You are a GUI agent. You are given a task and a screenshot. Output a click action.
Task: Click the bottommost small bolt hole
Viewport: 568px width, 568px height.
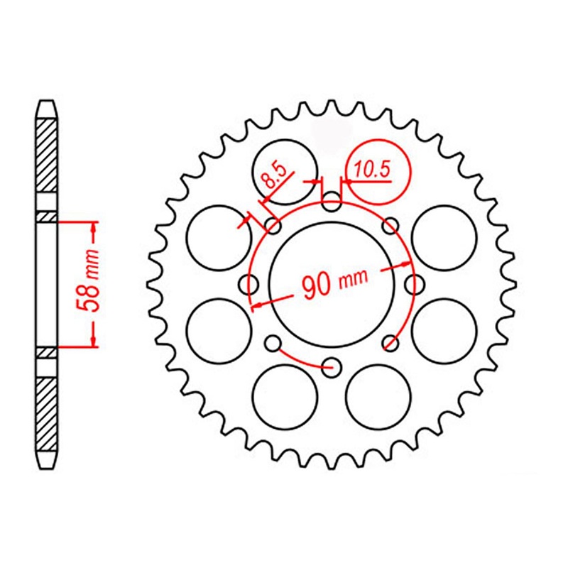[x=331, y=368]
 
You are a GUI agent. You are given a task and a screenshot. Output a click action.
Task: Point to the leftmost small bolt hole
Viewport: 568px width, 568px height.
[x=248, y=285]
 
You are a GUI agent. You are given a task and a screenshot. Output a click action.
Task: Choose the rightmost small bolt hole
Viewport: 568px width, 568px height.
[x=413, y=285]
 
